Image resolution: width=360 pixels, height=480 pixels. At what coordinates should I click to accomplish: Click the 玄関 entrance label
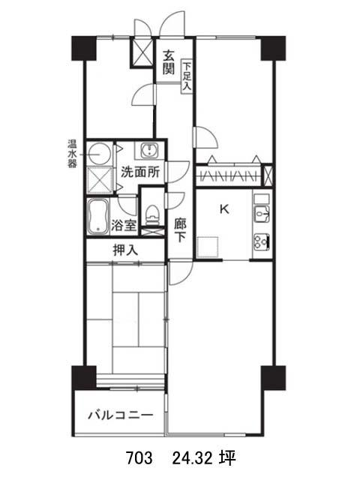tap(168, 61)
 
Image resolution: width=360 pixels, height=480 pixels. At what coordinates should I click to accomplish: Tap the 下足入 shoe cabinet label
tap(187, 76)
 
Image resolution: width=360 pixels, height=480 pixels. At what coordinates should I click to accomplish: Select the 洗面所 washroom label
tap(140, 172)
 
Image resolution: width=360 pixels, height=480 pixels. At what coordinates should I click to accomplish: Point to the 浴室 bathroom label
tap(123, 226)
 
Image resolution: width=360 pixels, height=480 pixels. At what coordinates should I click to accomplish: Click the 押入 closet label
tap(125, 250)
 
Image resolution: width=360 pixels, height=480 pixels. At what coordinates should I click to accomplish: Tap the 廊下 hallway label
tap(180, 230)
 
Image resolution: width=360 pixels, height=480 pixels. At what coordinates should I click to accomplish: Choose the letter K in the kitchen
tap(224, 209)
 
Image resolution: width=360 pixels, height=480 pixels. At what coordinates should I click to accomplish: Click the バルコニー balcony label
tap(121, 415)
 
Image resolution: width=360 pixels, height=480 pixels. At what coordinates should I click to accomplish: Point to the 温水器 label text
tap(72, 154)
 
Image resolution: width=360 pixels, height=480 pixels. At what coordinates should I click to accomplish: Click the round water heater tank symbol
tap(98, 154)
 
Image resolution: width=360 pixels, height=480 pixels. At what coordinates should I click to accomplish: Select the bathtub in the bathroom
tap(98, 217)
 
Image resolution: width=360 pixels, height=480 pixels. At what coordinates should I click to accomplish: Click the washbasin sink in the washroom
tap(150, 151)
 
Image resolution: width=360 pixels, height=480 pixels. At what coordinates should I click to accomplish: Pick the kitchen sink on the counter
tap(262, 214)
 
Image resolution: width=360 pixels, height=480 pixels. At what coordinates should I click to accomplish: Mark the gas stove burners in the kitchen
tap(262, 241)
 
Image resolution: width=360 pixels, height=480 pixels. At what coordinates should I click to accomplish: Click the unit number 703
tap(139, 458)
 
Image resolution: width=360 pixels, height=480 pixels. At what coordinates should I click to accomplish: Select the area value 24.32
tap(192, 458)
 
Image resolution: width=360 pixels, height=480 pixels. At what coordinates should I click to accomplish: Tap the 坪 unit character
tap(227, 458)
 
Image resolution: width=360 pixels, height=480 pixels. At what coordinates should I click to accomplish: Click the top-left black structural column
tap(84, 48)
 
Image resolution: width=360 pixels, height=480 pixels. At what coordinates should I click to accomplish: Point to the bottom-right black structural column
tap(273, 378)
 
